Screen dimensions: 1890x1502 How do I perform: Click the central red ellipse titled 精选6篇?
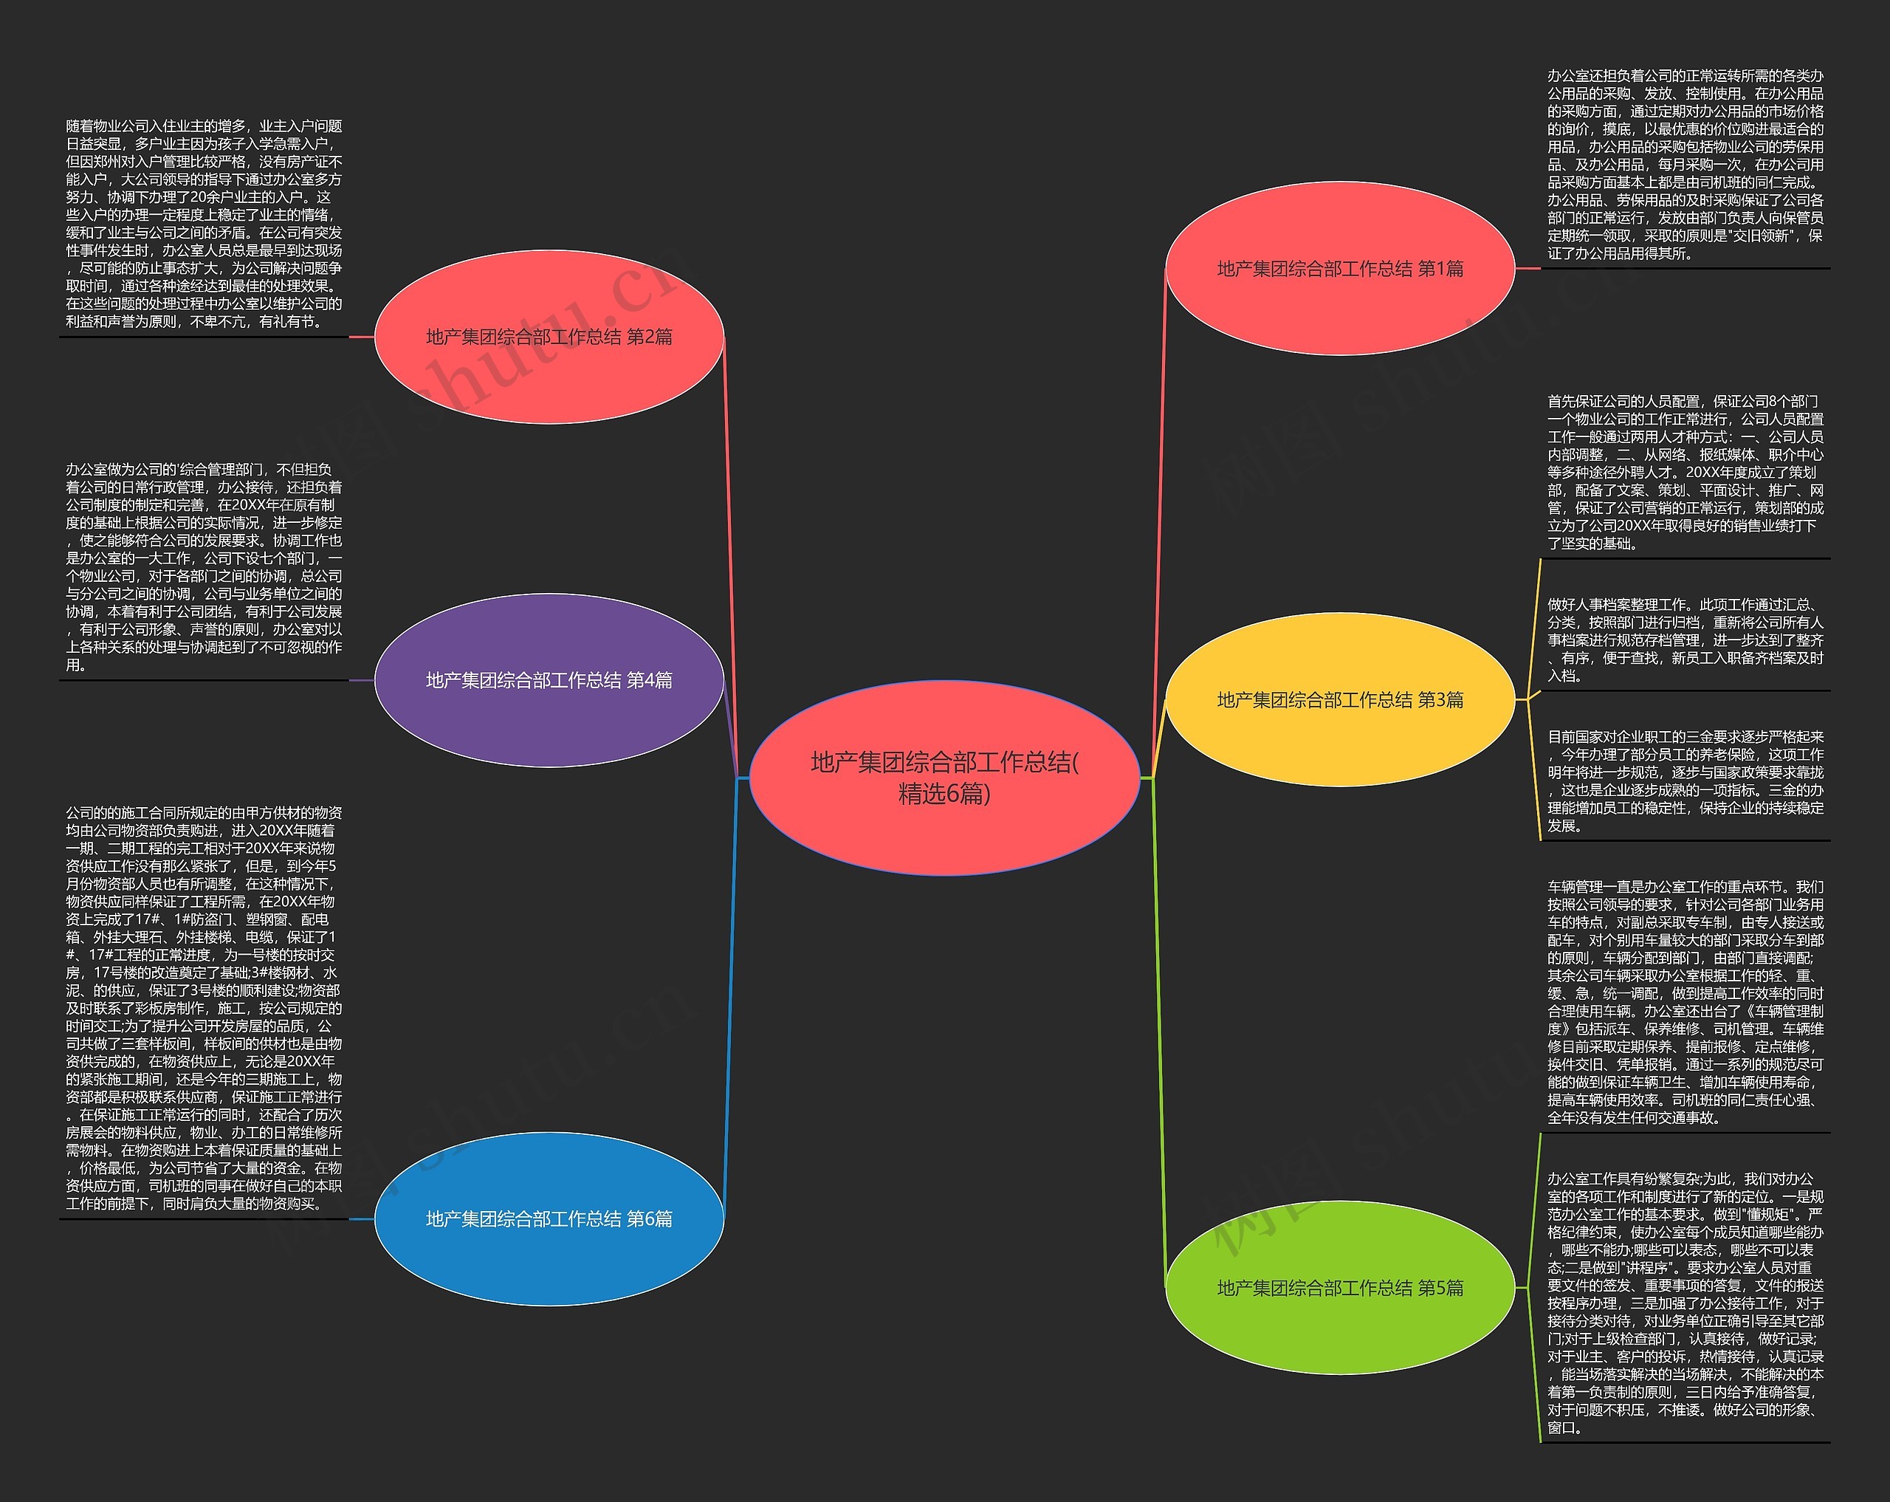pos(944,778)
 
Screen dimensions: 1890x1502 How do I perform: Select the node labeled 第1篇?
pos(1339,268)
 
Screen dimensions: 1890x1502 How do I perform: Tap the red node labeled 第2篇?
pos(549,337)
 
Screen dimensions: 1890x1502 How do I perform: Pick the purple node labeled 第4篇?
pos(549,680)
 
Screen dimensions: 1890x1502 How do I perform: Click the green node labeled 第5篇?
pos(1339,1287)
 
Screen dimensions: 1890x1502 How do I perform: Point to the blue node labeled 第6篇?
pos(549,1218)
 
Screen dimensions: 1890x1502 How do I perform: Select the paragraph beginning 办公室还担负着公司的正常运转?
pos(1685,165)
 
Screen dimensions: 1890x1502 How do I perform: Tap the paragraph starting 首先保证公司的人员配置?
pos(1685,473)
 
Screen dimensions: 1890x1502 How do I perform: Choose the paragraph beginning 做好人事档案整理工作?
pos(1685,640)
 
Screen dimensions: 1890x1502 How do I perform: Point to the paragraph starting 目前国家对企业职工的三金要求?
pos(1685,781)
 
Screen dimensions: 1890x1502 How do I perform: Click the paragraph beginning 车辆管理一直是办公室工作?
pos(1685,1002)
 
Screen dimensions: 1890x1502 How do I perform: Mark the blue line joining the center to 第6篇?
pos(731,998)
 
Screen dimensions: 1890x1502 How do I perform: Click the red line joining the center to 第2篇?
pos(731,557)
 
